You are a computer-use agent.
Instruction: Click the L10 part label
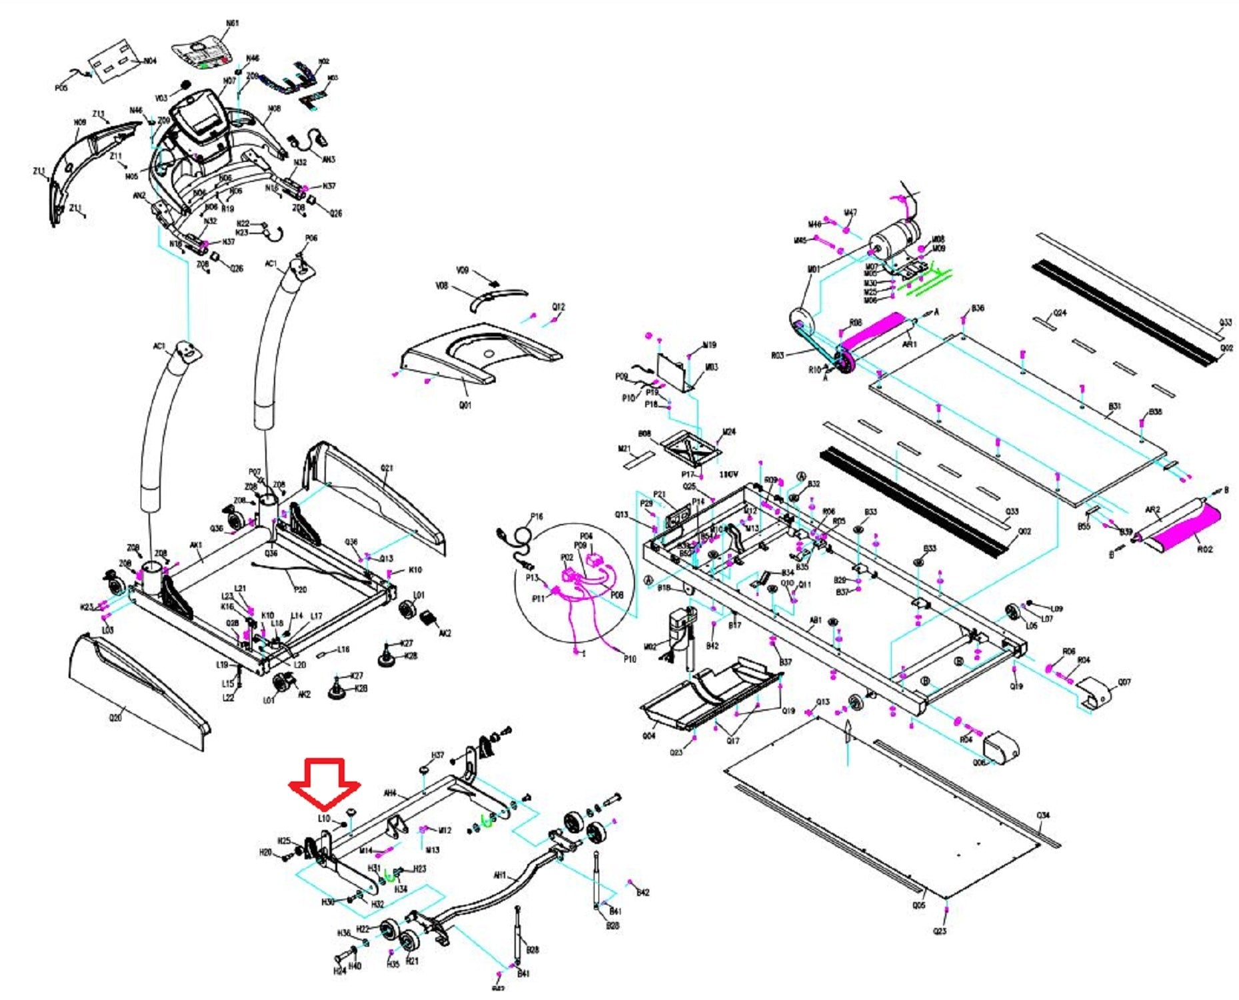324,818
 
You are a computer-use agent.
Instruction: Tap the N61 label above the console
232,24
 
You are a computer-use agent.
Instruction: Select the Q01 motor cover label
465,405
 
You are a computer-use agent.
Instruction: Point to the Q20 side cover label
115,718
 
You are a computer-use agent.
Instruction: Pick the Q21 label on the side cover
387,468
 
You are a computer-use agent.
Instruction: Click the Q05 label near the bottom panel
918,905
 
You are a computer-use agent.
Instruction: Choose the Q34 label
1043,815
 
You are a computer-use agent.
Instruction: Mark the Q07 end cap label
1124,682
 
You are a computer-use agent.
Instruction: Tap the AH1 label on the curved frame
499,875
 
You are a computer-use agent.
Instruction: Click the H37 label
438,755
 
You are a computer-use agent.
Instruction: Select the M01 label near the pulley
813,269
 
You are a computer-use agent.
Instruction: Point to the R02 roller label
1205,549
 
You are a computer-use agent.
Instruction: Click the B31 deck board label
1114,406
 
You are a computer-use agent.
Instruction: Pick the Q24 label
1060,313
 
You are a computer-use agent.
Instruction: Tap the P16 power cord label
537,516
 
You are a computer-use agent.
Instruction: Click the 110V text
729,474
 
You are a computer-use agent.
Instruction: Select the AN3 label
329,159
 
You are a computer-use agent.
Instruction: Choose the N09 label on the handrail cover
80,123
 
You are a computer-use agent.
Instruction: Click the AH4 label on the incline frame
390,793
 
